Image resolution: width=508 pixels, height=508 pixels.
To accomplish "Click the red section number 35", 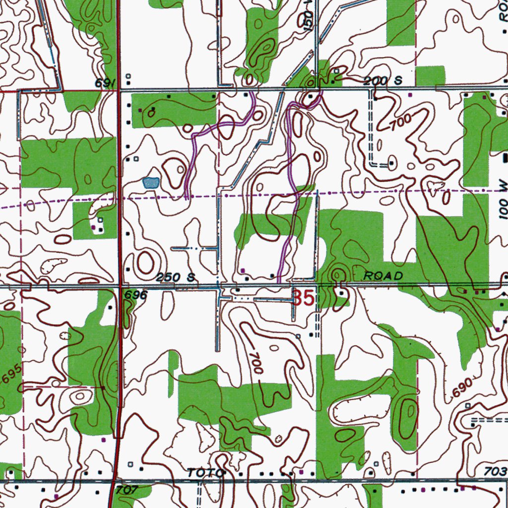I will (x=304, y=299).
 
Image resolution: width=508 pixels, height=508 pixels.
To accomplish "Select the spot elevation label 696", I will (x=136, y=295).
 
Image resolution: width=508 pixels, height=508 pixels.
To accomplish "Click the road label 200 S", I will (x=381, y=81).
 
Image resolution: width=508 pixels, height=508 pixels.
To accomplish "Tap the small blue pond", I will (x=151, y=183).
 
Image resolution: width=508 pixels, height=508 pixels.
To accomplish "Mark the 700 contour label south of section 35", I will (x=256, y=363).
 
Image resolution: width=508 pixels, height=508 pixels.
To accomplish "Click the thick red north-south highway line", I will (x=119, y=198).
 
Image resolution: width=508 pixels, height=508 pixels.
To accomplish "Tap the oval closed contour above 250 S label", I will (x=145, y=261).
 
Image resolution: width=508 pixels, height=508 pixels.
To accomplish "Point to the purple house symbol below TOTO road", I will (x=56, y=496).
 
